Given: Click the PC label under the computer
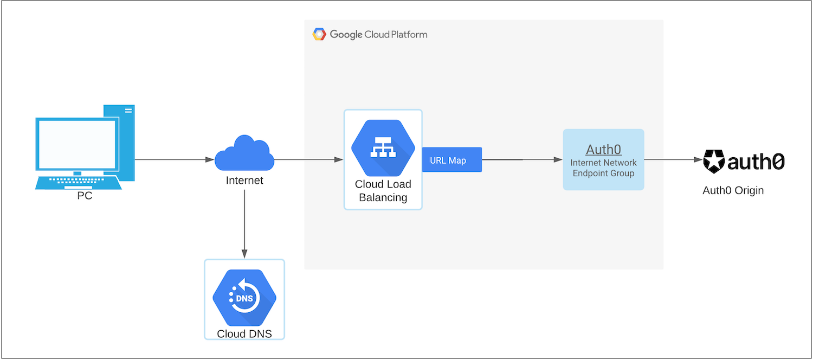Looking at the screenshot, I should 85,196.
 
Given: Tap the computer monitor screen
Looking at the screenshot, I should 76,145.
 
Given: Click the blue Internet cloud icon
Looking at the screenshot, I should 244,154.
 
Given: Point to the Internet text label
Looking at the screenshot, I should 244,181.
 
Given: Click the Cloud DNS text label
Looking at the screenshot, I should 244,334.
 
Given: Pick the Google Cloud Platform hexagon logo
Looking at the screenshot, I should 319,35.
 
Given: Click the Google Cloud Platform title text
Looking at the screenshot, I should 378,35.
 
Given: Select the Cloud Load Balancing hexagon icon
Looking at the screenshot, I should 383,146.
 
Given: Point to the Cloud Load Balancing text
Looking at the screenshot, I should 383,191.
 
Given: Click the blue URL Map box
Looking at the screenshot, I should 451,160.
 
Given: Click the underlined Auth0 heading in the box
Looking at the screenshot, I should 603,150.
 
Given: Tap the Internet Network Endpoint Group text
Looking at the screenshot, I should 603,168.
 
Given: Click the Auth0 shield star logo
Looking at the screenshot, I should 714,162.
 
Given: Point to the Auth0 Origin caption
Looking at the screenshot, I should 733,190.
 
